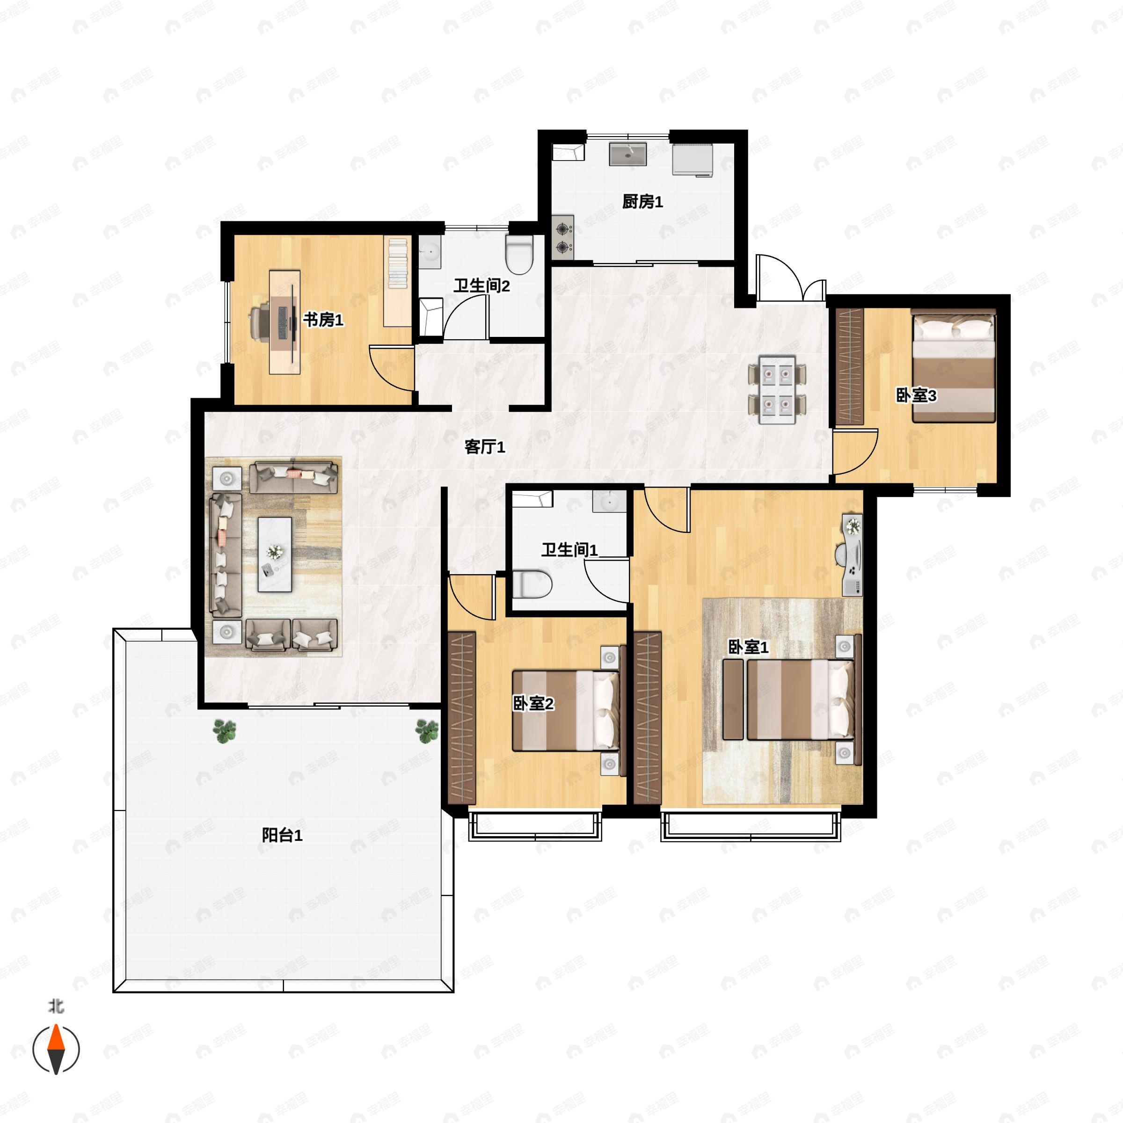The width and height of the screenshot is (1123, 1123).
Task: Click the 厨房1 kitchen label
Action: coord(642,202)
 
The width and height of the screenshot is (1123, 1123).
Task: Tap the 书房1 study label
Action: coord(323,320)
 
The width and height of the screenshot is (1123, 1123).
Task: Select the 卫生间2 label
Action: coord(482,286)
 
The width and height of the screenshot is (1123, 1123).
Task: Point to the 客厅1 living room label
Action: coord(485,446)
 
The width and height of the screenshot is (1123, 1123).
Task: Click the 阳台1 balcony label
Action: coord(282,835)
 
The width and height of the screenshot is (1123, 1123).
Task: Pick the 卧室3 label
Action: coord(916,396)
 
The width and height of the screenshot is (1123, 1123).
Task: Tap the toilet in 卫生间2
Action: coord(519,254)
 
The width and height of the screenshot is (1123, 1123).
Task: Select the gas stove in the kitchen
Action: coord(562,238)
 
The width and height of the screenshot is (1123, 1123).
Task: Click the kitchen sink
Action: coord(628,154)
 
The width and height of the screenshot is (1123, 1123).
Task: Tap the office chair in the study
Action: coord(259,321)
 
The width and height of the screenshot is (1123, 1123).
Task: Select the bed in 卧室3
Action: coord(953,367)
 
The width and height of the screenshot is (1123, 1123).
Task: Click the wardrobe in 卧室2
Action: coord(462,717)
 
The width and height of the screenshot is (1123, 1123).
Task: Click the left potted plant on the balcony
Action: coord(225,730)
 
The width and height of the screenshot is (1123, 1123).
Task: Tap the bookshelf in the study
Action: coord(398,281)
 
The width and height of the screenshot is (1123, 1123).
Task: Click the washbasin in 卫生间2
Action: coord(430,252)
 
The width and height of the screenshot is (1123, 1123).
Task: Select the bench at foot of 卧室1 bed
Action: coord(733,699)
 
